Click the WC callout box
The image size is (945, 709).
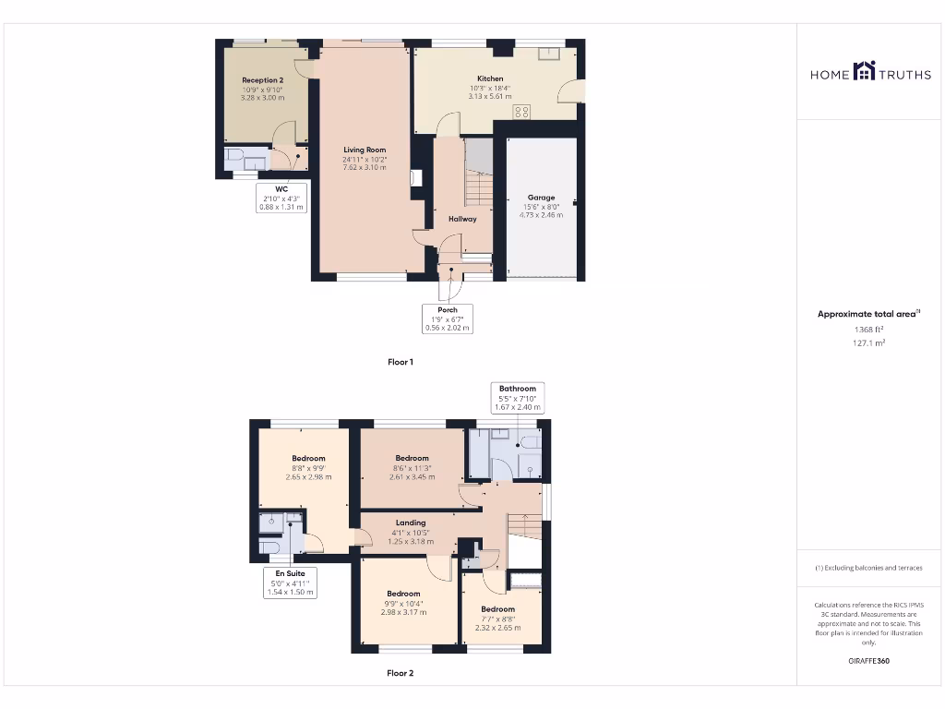coord(281,198)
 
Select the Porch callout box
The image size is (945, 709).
coord(448,318)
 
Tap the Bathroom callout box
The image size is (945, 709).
coord(518,398)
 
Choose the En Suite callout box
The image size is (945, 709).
coord(290,583)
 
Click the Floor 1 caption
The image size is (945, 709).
coord(400,362)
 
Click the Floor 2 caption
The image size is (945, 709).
coord(400,673)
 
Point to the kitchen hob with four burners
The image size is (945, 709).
coord(521,112)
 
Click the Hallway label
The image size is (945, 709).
coord(462,219)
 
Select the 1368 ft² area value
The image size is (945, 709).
coord(867,329)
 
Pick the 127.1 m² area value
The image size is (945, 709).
coord(867,342)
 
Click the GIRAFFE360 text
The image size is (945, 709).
coord(867,661)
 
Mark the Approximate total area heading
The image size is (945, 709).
coord(867,314)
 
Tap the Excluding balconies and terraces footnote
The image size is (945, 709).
coord(867,568)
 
